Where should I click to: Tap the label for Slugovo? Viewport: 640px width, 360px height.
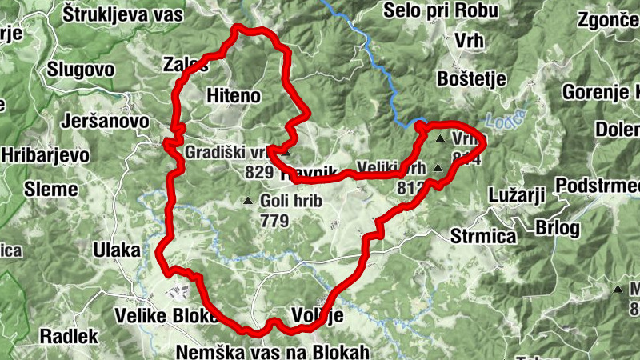coord(81,69)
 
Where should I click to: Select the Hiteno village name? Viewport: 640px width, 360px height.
coord(234,95)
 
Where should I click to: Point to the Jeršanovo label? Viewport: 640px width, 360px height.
coord(105,121)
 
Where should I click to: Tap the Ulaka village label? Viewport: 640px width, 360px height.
coord(117,250)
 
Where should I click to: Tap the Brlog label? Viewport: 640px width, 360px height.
coord(558,227)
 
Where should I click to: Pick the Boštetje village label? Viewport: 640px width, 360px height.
coord(469,79)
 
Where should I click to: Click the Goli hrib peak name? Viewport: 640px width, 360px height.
coord(290,201)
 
